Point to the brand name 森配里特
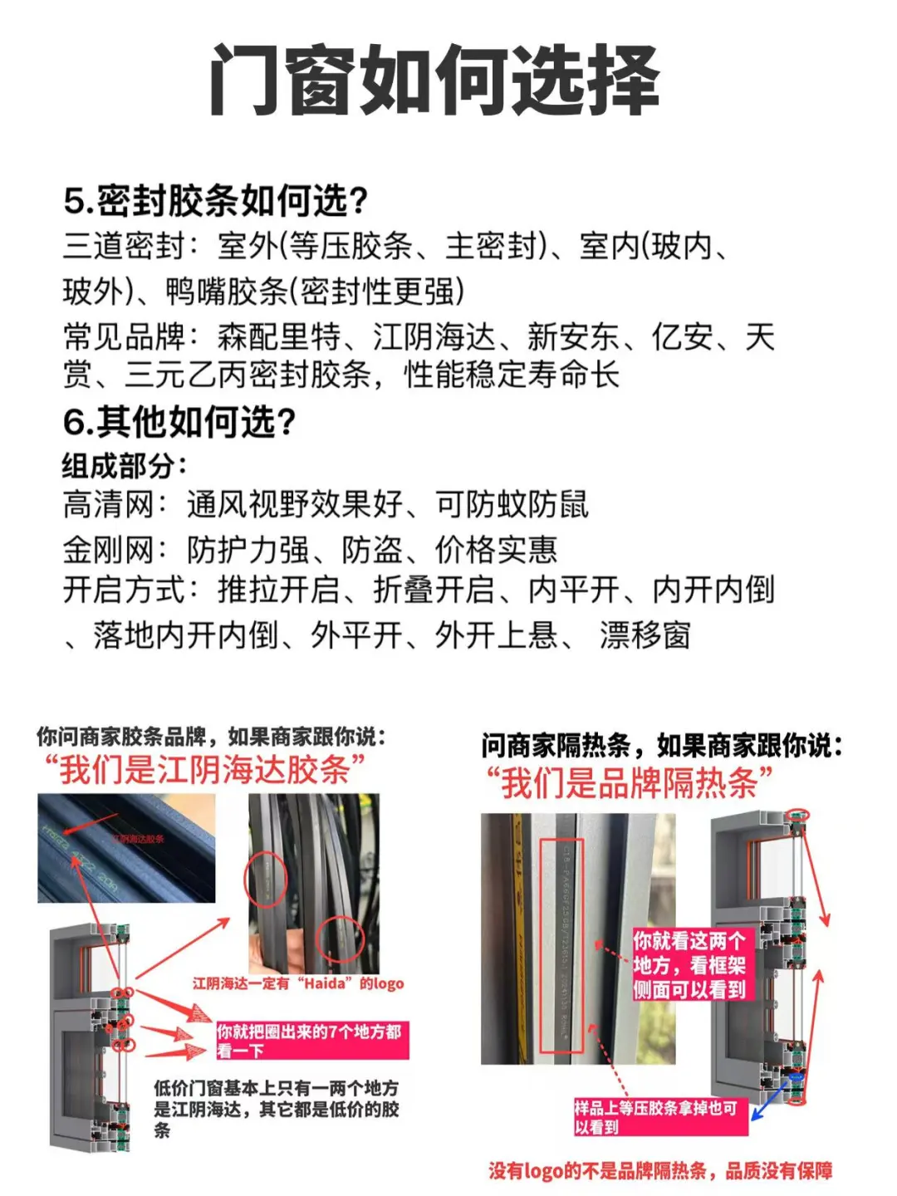click(279, 337)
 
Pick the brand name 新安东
click(573, 337)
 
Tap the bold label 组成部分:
click(125, 466)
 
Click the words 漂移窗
click(645, 636)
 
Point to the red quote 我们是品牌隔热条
click(629, 782)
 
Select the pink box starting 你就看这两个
click(690, 964)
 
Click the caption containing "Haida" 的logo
click(298, 983)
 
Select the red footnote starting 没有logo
click(660, 1171)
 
